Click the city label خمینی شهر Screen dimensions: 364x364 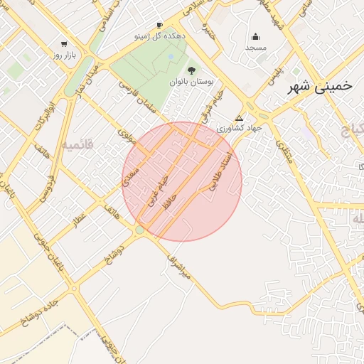pos(319,86)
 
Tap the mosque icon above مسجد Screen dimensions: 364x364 pos(255,37)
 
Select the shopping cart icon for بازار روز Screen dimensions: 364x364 pos(65,44)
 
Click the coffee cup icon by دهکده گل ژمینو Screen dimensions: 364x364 pos(159,26)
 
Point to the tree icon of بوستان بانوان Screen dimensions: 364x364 pos(191,70)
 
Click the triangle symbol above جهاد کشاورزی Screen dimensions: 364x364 pos(239,118)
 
